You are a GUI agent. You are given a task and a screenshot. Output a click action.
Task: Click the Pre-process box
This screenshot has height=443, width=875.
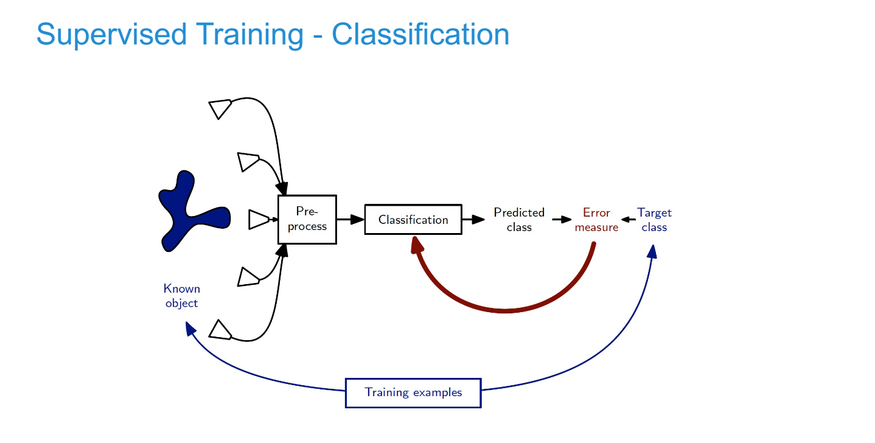307,220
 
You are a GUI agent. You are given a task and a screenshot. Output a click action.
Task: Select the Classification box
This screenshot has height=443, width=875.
413,220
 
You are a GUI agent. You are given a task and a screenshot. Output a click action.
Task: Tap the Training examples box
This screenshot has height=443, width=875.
413,392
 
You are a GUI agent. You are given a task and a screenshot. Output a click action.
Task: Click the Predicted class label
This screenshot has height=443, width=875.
519,220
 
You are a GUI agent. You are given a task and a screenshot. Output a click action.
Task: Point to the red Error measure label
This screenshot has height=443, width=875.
596,220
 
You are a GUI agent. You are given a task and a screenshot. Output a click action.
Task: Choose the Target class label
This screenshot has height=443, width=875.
654,220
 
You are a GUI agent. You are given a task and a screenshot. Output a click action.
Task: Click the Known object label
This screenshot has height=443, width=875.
181,296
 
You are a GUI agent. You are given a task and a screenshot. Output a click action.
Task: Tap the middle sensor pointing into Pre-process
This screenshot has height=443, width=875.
259,220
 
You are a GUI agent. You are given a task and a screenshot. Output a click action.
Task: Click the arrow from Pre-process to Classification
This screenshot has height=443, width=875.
350,220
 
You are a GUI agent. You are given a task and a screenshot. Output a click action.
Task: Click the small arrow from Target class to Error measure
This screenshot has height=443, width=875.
627,220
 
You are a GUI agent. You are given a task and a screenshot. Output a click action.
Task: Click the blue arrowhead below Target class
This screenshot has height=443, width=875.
652,251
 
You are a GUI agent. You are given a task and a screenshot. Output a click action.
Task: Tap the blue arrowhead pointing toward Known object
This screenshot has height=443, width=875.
190,329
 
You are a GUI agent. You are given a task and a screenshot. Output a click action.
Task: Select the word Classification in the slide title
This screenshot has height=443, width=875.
420,35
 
